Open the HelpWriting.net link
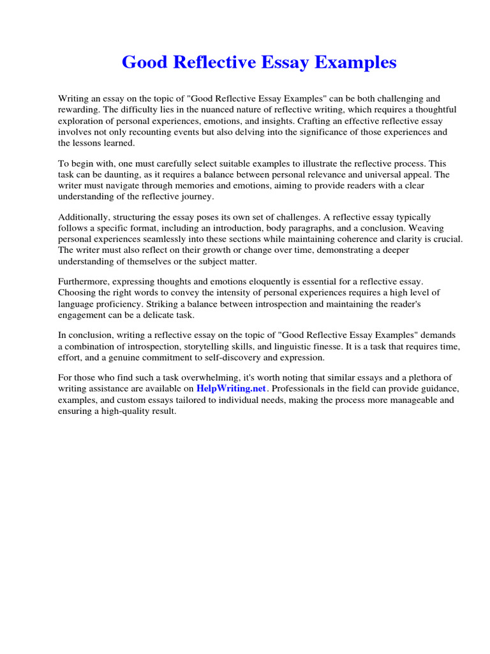pos(230,388)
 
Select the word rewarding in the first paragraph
pos(78,110)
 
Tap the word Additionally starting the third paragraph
pos(84,218)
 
